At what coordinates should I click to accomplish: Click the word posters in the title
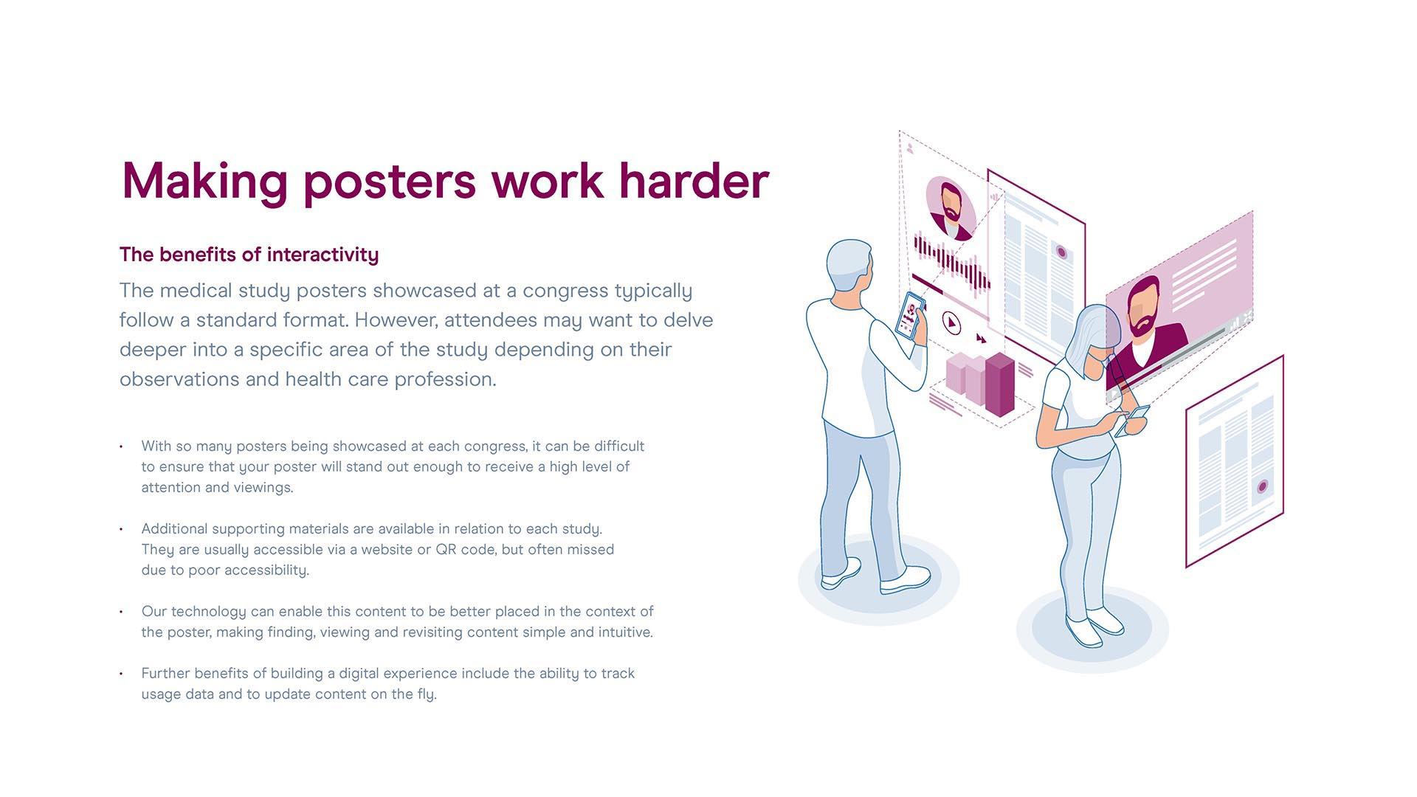point(390,182)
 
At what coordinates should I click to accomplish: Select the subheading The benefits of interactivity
point(249,255)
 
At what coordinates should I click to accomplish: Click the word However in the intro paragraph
point(396,320)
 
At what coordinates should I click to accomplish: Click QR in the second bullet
point(446,550)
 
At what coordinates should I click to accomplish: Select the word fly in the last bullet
point(426,694)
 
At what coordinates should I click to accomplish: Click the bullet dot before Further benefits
point(121,674)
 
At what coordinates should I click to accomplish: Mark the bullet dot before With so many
point(121,446)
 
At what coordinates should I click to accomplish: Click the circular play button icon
point(951,322)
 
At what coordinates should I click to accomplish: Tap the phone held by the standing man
point(911,316)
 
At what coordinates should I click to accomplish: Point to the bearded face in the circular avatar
point(951,204)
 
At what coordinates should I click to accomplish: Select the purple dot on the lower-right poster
point(1263,487)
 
